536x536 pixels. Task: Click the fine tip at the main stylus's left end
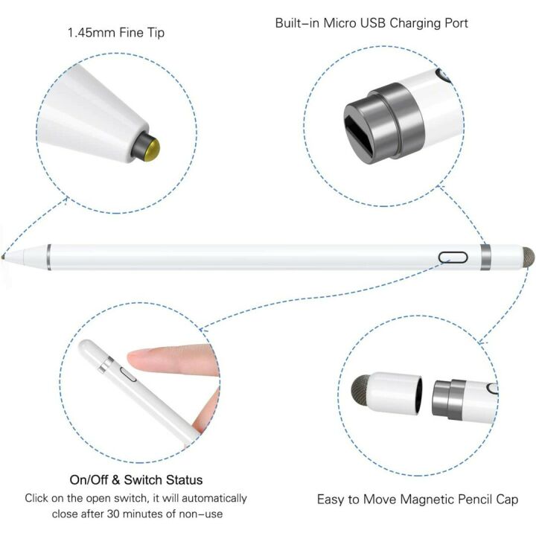coord(7,255)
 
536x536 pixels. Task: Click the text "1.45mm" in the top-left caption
coord(88,33)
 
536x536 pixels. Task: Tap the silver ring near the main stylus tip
coord(48,256)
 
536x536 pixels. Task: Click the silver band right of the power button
coord(485,257)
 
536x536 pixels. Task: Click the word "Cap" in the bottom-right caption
coord(508,500)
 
